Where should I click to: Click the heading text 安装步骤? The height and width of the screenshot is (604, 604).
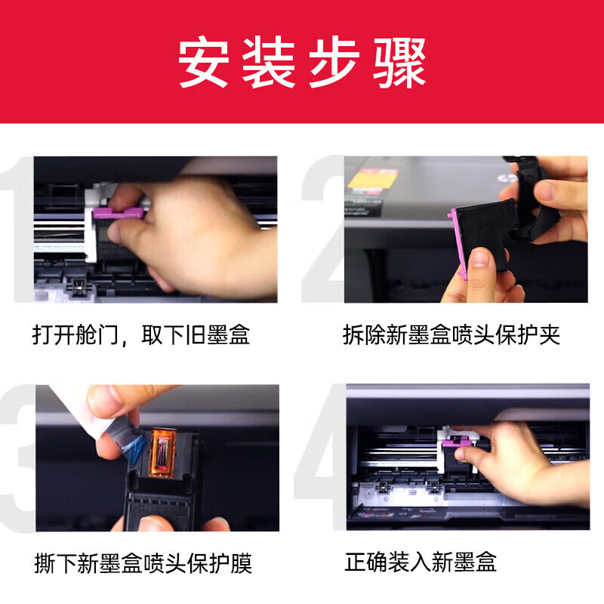(302, 62)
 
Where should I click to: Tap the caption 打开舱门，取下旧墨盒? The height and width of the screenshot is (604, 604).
(141, 334)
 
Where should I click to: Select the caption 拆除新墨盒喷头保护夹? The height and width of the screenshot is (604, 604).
(451, 334)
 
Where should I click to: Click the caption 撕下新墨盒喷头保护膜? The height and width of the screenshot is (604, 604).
(143, 562)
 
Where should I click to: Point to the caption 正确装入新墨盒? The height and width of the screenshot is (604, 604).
(421, 562)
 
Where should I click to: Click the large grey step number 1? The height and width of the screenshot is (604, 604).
(17, 226)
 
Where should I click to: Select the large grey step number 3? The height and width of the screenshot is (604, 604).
(17, 461)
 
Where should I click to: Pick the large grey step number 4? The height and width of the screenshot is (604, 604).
(321, 461)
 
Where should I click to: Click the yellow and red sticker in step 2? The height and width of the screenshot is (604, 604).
(371, 179)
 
